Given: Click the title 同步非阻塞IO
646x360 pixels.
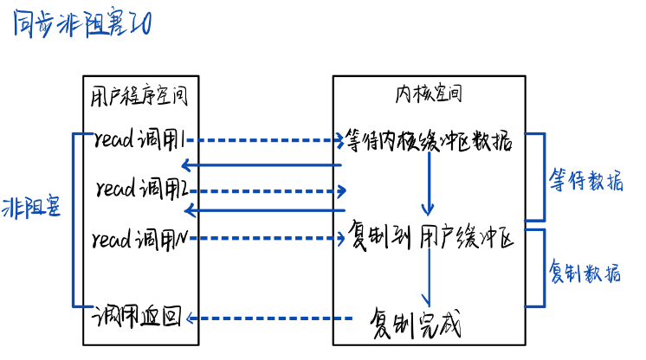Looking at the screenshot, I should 83,25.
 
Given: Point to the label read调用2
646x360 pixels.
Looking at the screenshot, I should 141,188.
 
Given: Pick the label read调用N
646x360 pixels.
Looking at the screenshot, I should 141,237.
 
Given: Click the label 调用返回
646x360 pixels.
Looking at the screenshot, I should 139,318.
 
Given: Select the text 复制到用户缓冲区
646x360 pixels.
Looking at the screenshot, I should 430,235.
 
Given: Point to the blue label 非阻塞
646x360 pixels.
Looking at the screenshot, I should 32,208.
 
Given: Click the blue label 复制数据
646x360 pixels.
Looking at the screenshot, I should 586,273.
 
